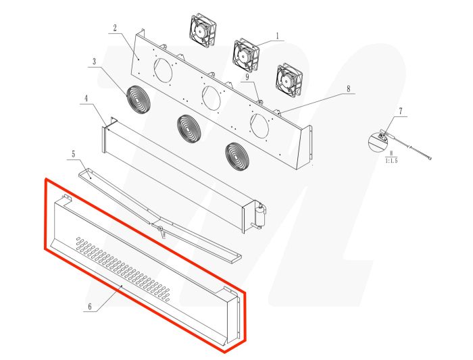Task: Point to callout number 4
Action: pyautogui.click(x=86, y=99)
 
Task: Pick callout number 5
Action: pyautogui.click(x=73, y=154)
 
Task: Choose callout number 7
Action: pyautogui.click(x=401, y=110)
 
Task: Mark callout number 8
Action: pyautogui.click(x=348, y=88)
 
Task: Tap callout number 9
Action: pyautogui.click(x=248, y=78)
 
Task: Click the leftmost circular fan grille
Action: pyautogui.click(x=140, y=100)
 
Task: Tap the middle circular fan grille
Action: pyautogui.click(x=189, y=127)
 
